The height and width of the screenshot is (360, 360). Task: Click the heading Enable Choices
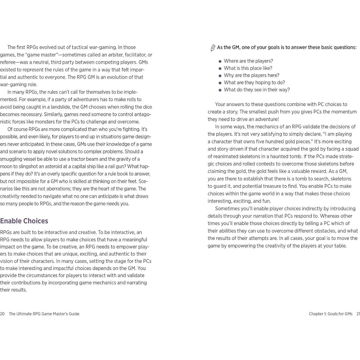24,221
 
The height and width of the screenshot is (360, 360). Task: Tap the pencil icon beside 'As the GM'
213,48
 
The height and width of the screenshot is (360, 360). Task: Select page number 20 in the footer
2,314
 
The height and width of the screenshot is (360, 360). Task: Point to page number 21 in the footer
358,314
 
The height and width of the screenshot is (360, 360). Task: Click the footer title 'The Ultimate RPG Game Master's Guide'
44,314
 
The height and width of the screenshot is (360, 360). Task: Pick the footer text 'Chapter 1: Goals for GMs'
330,314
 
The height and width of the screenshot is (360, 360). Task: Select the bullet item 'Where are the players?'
248,61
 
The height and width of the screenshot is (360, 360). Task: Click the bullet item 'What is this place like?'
248,68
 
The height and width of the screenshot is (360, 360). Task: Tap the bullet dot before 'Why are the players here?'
220,76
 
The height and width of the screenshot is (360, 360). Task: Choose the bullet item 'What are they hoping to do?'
254,83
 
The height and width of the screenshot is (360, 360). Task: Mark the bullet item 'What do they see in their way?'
257,90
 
